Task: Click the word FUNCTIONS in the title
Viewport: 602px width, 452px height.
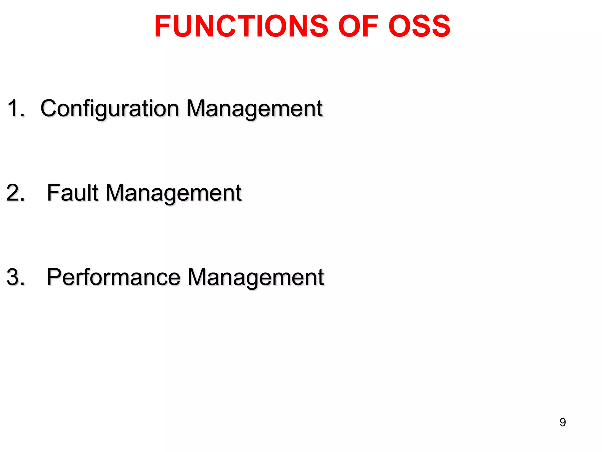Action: pos(241,26)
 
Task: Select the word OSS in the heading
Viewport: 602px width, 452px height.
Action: pos(419,26)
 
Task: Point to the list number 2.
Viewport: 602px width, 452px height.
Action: pos(15,193)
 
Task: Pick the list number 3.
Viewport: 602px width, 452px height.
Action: pos(15,277)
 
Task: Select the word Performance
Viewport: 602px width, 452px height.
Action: pos(113,277)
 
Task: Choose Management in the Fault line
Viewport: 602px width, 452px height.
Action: pos(173,193)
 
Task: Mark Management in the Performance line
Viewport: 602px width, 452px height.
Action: pos(256,277)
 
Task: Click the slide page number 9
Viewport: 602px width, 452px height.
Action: pos(563,422)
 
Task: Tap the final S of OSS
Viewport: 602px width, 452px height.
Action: pos(439,26)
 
